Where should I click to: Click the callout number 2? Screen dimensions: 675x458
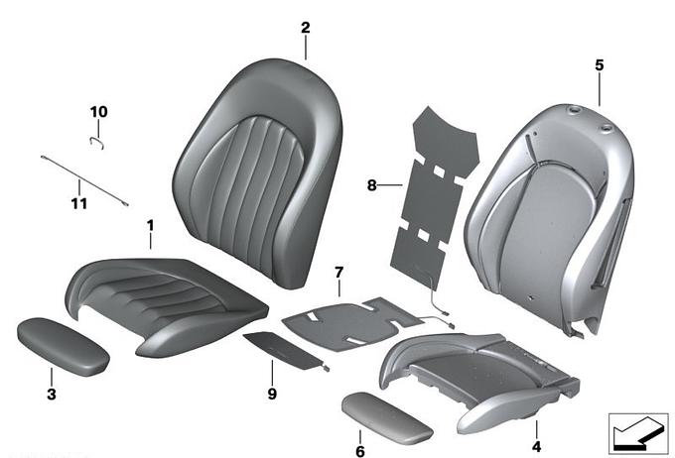click(305, 28)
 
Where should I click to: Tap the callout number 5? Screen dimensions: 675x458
click(600, 65)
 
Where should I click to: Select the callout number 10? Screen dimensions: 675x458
click(98, 112)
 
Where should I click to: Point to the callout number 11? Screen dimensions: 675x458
click(79, 203)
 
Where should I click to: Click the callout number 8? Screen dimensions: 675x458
click(371, 185)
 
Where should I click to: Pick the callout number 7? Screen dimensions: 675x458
click(339, 273)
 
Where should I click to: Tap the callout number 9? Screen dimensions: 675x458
click(272, 394)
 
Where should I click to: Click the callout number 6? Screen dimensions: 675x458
click(360, 451)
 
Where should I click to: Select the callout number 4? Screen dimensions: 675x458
click(536, 447)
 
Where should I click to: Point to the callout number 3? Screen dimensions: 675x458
click(52, 394)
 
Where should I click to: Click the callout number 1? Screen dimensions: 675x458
click(150, 225)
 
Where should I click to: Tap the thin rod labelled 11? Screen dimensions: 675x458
click(84, 181)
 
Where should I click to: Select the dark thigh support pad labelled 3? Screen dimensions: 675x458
click(63, 347)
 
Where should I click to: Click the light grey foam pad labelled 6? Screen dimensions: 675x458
click(387, 417)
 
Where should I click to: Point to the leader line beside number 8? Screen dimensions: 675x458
click(390, 185)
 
